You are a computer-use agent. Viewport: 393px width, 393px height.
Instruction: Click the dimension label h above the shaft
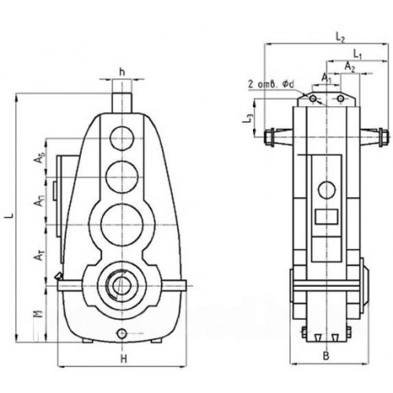[x=122, y=72]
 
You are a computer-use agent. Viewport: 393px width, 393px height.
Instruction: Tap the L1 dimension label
[x=357, y=54]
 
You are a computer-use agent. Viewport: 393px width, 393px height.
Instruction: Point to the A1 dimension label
[x=326, y=78]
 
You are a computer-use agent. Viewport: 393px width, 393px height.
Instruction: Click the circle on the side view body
[x=325, y=189]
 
